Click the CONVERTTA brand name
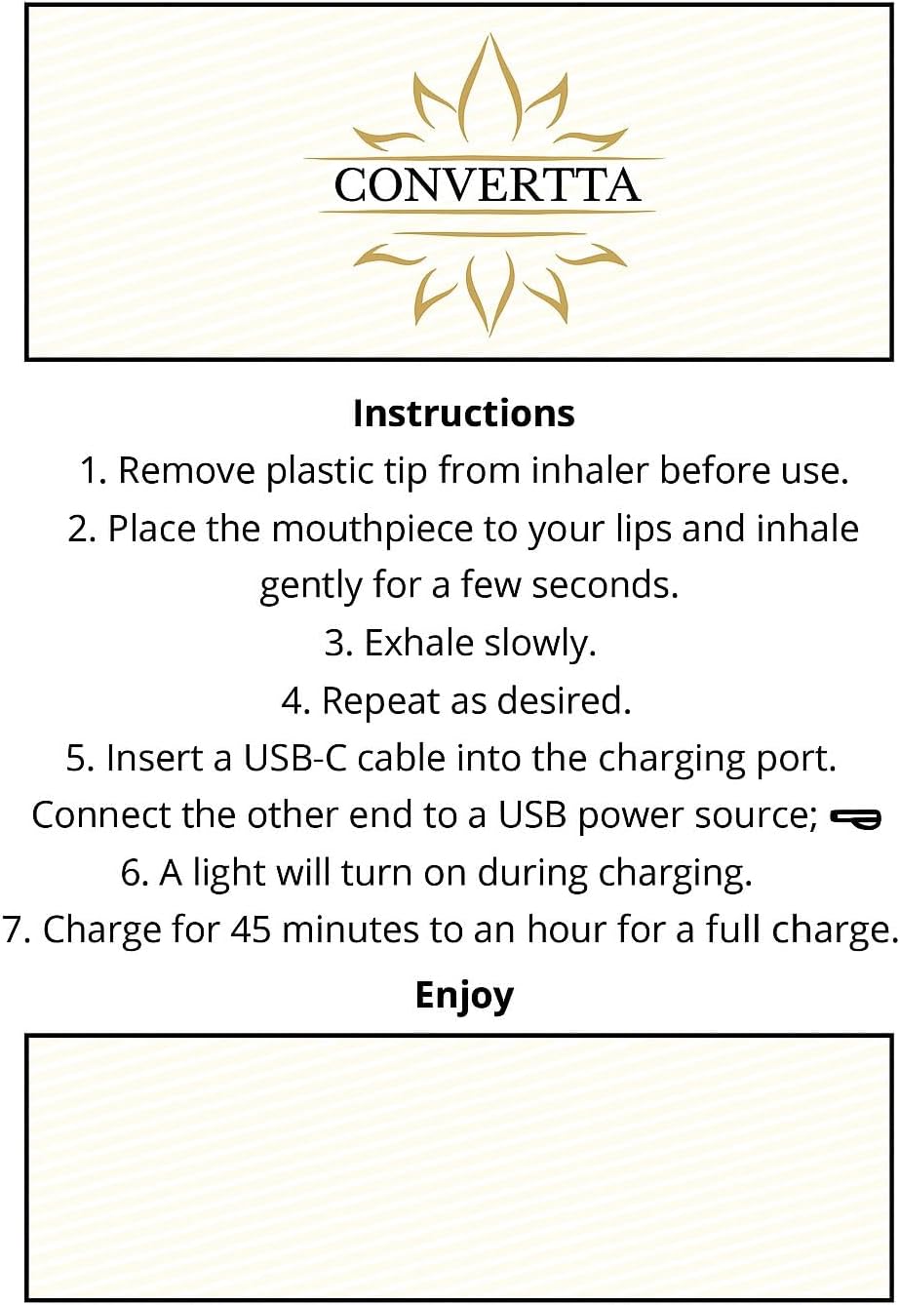click(x=488, y=184)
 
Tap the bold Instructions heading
click(x=464, y=413)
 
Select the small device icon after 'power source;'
click(x=855, y=818)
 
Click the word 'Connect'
click(x=102, y=814)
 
